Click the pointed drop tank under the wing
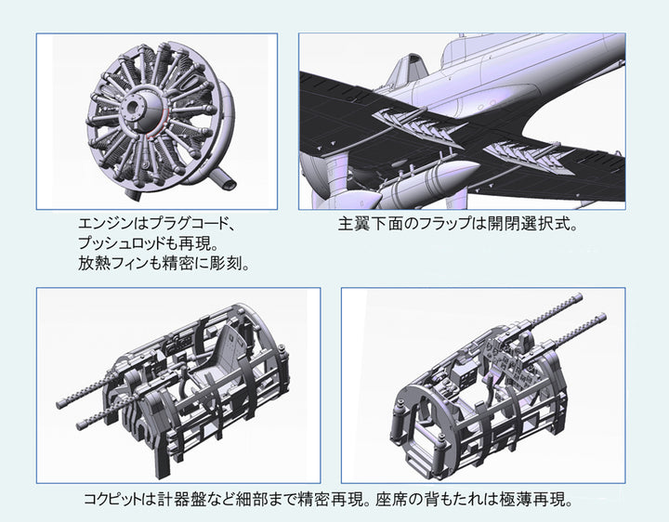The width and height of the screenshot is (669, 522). [x=426, y=182]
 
